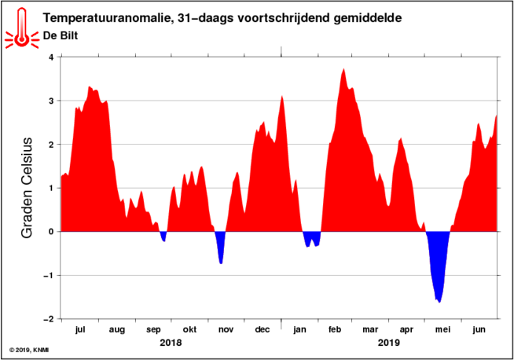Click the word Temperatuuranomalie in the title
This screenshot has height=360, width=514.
point(107,18)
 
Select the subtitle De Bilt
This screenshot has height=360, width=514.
point(61,35)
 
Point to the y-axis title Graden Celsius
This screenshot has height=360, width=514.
point(27,188)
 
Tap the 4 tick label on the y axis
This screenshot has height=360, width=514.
point(51,57)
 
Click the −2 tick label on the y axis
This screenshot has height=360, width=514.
point(48,319)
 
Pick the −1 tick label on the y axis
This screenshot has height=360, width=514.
point(48,275)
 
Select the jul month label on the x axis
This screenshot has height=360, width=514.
point(80,329)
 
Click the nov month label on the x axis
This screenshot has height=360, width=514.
point(226,329)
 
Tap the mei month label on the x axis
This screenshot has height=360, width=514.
point(442,329)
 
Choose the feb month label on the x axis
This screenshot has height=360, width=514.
point(335,329)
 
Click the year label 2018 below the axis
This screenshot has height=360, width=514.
point(171,343)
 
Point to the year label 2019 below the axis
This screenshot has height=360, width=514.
point(389,343)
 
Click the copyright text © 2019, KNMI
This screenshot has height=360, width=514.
point(29,350)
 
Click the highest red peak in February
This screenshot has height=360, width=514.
point(343,69)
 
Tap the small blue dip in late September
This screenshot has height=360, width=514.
point(163,236)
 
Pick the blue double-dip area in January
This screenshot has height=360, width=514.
point(312,237)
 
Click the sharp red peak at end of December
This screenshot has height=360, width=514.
point(282,96)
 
